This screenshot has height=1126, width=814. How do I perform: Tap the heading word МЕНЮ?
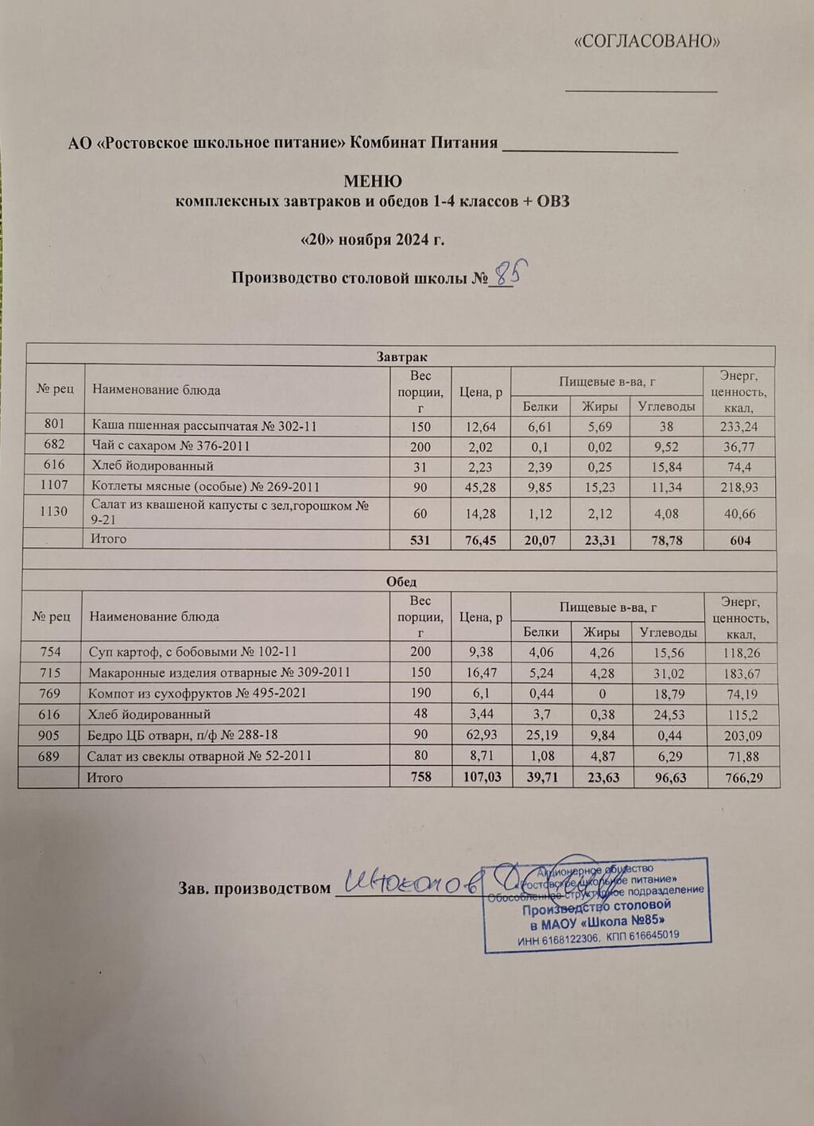[x=372, y=181]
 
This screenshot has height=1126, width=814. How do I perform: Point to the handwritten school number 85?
[x=508, y=274]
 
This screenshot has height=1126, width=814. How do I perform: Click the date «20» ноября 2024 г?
[x=372, y=239]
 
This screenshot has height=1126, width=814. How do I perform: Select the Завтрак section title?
[x=401, y=356]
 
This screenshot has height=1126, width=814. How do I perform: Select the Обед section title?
[x=401, y=581]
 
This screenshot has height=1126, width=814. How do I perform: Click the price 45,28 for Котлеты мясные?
[x=481, y=487]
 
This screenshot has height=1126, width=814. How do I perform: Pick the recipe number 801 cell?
[x=54, y=425]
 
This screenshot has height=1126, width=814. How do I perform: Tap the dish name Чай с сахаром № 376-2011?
[x=171, y=446]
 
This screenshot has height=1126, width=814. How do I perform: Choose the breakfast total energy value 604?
[x=739, y=541]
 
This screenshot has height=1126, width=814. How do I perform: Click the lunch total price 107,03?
[x=482, y=777]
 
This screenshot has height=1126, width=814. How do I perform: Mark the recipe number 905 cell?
[x=50, y=735]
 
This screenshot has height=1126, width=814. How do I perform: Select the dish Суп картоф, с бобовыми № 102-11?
[x=192, y=652]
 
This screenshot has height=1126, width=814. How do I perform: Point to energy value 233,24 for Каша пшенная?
[x=738, y=426]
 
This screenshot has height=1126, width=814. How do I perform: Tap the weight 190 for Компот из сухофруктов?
[x=420, y=693]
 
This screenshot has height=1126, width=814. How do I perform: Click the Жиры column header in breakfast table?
[x=600, y=406]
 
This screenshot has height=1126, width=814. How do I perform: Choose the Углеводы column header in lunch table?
[x=669, y=632]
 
